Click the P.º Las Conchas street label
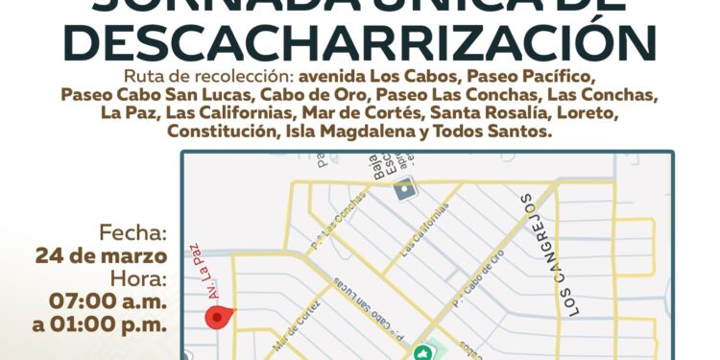click(340, 230)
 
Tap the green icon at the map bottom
click(420, 351)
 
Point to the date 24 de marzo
click(101, 256)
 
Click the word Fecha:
click(133, 233)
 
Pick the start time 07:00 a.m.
click(108, 301)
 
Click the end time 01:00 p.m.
click(100, 324)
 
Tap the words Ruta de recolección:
click(208, 77)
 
